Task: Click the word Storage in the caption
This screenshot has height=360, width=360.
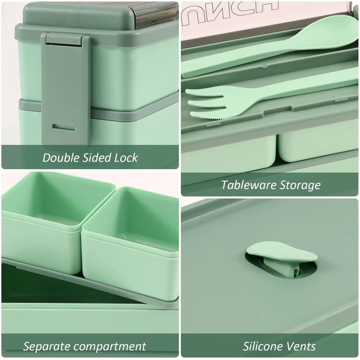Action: [301, 185]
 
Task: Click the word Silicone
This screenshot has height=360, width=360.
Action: [264, 347]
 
